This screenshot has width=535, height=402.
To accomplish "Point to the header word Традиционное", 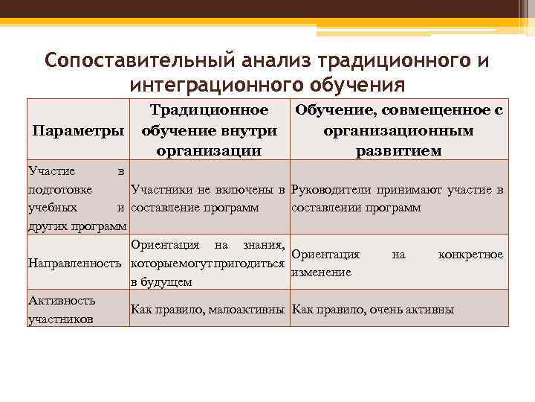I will [209, 110].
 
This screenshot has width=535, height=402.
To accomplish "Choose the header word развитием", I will [398, 150].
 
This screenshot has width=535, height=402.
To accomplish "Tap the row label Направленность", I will [74, 263].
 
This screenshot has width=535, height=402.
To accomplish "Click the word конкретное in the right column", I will [470, 255].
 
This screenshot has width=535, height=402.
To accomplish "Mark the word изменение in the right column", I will [321, 272].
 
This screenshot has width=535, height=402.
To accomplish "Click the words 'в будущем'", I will [161, 281].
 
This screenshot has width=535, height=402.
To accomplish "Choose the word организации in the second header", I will [209, 150].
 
